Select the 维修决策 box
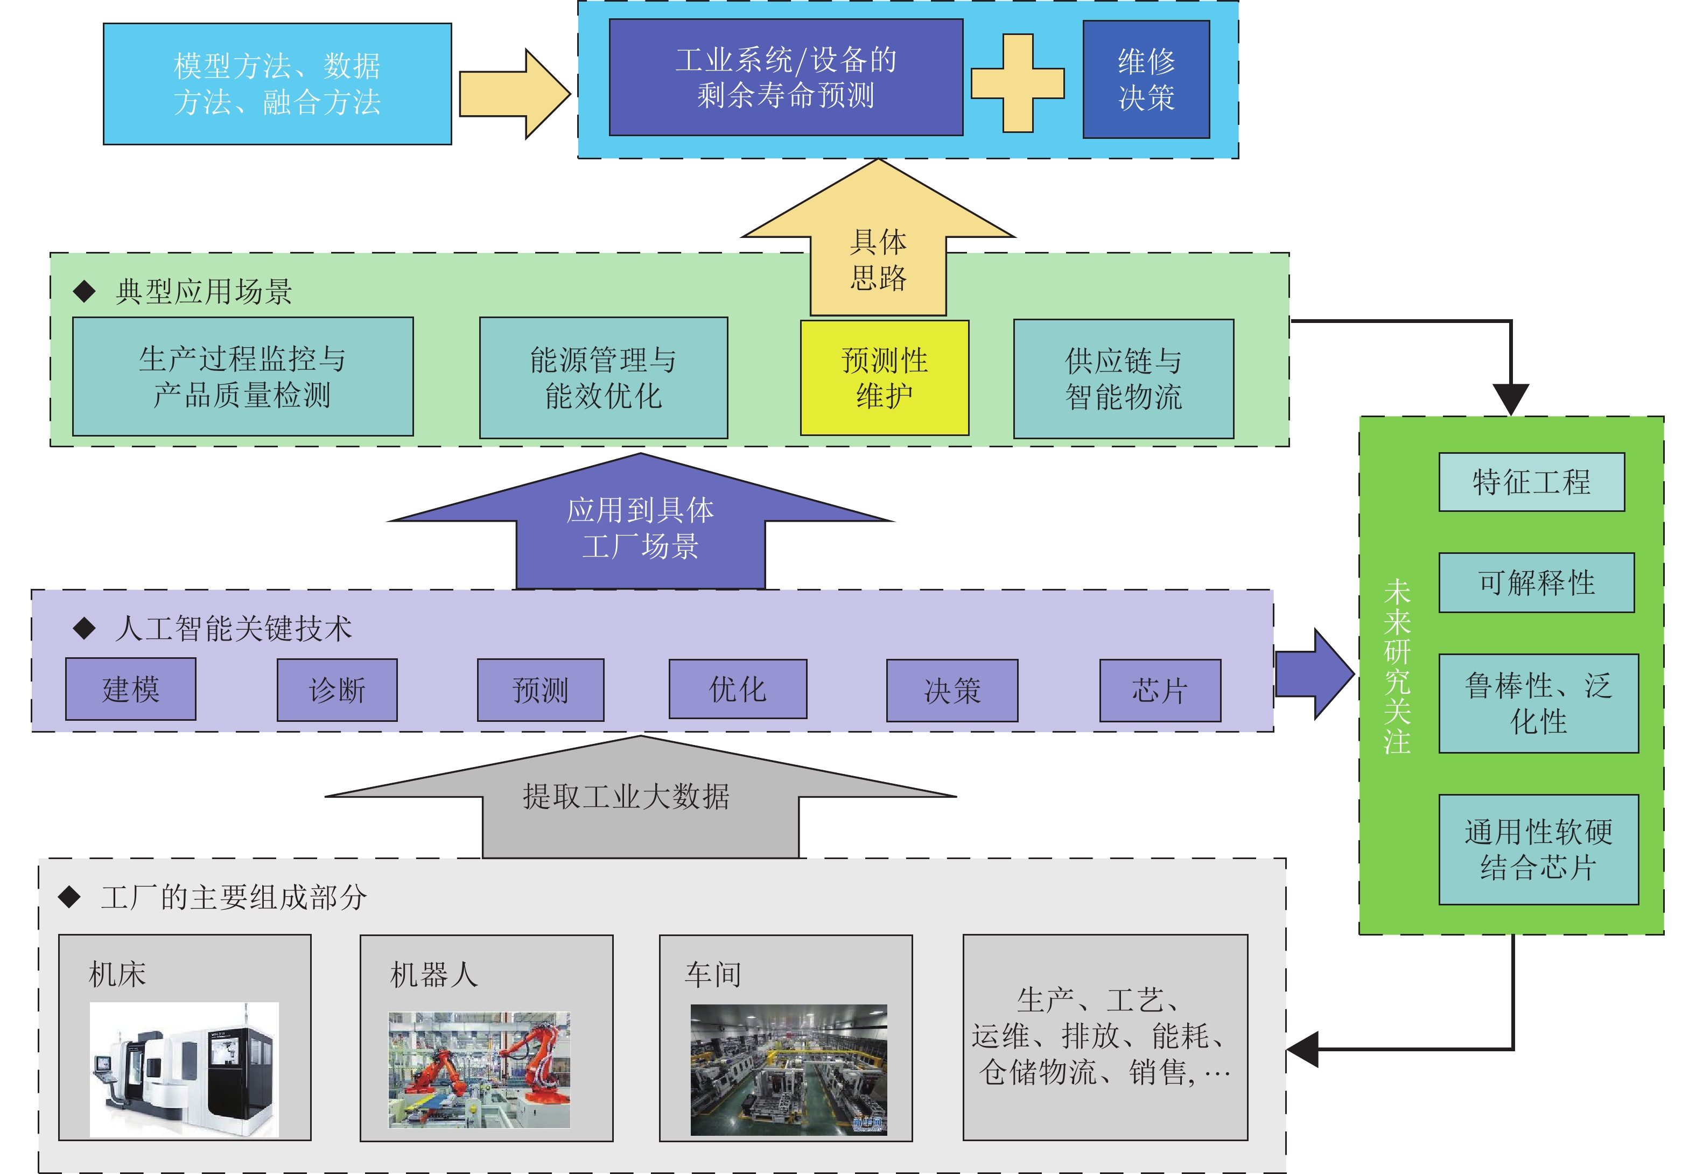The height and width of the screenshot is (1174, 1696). point(1146,80)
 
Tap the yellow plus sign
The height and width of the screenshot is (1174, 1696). point(1018,83)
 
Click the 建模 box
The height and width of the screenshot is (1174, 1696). point(130,688)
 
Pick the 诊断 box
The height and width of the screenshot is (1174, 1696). point(337,690)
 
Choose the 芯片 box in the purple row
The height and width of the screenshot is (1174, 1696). point(1160,690)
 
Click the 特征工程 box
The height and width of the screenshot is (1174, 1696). point(1531,482)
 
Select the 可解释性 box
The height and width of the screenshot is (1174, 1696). point(1536,582)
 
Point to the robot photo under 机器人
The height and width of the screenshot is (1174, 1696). point(479,1070)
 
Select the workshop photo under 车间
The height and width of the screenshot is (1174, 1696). point(788,1070)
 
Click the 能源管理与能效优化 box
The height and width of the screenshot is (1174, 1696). point(604,378)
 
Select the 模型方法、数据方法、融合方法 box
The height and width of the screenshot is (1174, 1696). point(277,84)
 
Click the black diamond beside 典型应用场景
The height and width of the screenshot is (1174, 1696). point(85,291)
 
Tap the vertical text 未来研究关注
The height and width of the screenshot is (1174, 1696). point(1397,666)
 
